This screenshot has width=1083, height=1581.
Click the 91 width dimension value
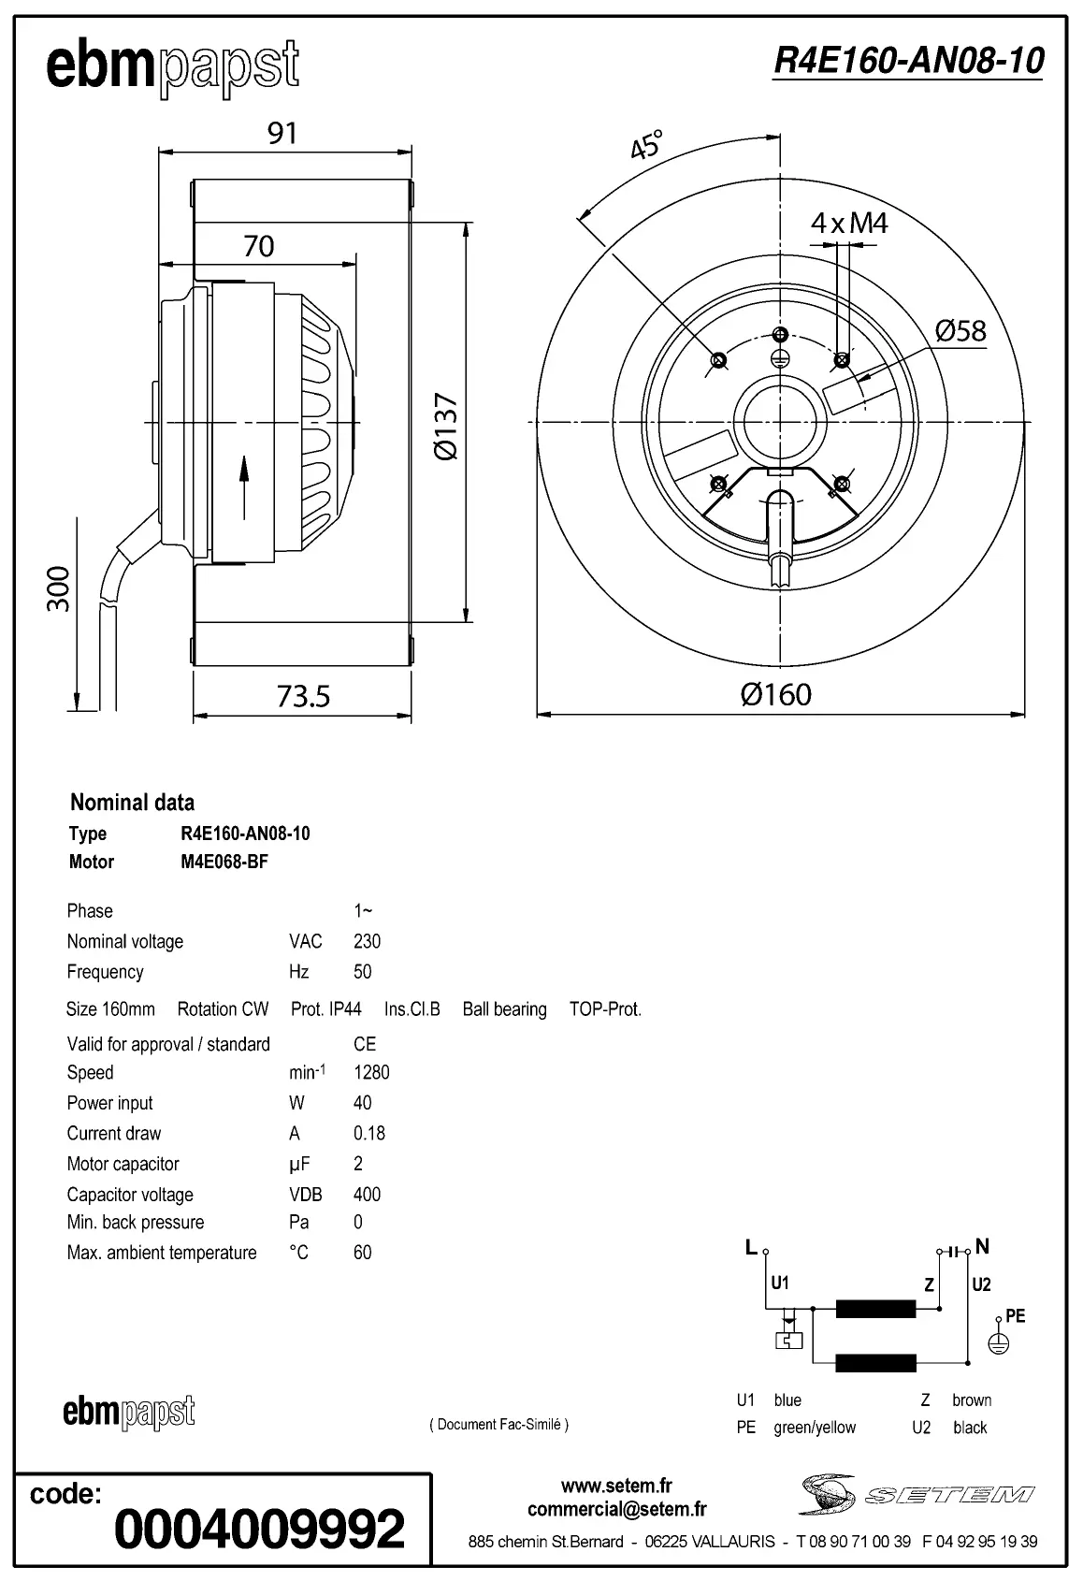282,133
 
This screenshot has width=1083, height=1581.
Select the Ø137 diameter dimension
447,426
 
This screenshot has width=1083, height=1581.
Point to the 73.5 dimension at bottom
303,696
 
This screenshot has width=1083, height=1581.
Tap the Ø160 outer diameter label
775,694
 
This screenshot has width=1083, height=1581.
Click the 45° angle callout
646,146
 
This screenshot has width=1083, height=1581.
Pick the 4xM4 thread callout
848,223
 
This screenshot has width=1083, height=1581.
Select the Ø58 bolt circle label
960,330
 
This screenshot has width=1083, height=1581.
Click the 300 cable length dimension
58,588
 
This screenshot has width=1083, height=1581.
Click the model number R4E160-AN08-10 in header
907,61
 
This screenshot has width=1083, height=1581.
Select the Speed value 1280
371,1072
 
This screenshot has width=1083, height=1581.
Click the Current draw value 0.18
369,1133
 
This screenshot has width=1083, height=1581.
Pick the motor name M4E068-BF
224,862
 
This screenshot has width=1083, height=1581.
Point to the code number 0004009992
259,1529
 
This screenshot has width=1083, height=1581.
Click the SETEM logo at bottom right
917,1494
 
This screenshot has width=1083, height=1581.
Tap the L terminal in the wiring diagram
751,1246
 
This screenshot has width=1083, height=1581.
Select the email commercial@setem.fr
616,1509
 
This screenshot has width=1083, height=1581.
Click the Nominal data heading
133,802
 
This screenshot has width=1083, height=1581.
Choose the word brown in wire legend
972,1400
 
